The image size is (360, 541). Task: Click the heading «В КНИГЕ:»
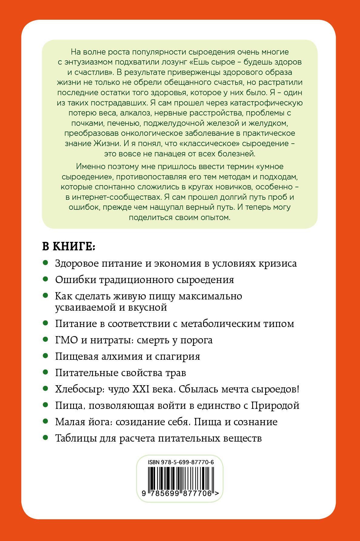coord(69,246)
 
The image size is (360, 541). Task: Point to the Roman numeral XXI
coord(141,389)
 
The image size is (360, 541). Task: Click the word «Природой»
coord(275,406)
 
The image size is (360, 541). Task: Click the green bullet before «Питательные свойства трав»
coord(45,372)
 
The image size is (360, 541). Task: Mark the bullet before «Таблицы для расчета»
coord(45,437)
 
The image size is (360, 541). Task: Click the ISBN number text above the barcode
coord(181,463)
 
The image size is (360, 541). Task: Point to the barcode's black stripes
coord(181,478)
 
